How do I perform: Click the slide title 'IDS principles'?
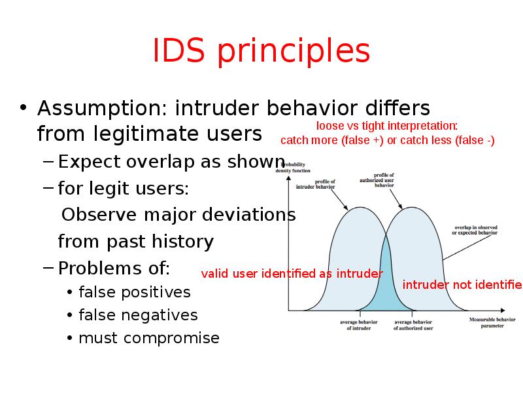261,52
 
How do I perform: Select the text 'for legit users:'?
124,189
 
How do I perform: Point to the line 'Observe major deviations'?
178,215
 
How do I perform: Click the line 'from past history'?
135,242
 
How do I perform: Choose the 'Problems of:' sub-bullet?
114,269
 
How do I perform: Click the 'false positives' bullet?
134,292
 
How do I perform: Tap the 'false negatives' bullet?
137,315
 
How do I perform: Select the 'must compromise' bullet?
148,338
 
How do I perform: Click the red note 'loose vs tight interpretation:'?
387,126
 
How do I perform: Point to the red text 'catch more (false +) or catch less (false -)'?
387,141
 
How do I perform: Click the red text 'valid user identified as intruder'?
292,274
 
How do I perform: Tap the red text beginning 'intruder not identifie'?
462,285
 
